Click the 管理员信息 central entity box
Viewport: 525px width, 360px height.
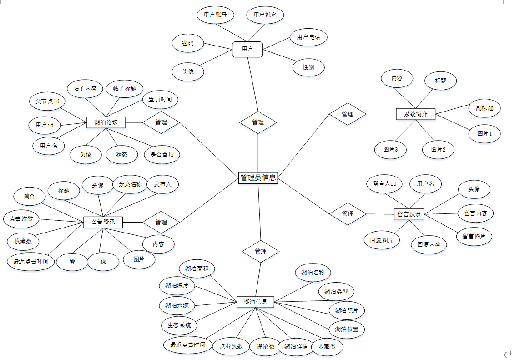click(x=258, y=178)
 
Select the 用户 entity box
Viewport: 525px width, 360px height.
click(x=247, y=49)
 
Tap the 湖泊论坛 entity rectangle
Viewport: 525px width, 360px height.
click(x=106, y=122)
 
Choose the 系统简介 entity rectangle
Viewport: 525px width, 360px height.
click(x=416, y=114)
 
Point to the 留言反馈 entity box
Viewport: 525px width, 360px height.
click(x=409, y=214)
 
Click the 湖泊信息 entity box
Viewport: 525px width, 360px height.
click(x=255, y=302)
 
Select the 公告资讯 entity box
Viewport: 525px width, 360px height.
click(x=103, y=222)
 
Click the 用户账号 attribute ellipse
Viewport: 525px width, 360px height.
click(x=215, y=15)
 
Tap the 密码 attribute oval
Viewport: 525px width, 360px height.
click(x=188, y=43)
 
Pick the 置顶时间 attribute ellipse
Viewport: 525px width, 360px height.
click(x=160, y=99)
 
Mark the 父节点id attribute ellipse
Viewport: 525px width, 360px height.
click(x=48, y=101)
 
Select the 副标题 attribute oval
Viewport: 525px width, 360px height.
click(x=485, y=108)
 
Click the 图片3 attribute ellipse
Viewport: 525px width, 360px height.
click(x=391, y=149)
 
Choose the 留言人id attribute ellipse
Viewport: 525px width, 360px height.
click(x=385, y=184)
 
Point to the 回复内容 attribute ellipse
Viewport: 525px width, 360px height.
click(x=429, y=244)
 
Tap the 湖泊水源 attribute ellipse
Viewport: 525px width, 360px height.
click(x=177, y=305)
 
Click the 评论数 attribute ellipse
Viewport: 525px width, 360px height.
click(x=265, y=346)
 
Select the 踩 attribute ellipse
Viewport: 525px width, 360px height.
click(x=103, y=262)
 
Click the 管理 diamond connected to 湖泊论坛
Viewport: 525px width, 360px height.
click(x=161, y=122)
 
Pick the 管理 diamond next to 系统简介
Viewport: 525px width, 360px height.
click(x=348, y=114)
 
